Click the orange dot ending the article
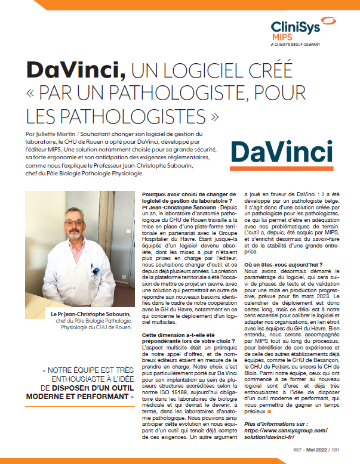tap(269, 412)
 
